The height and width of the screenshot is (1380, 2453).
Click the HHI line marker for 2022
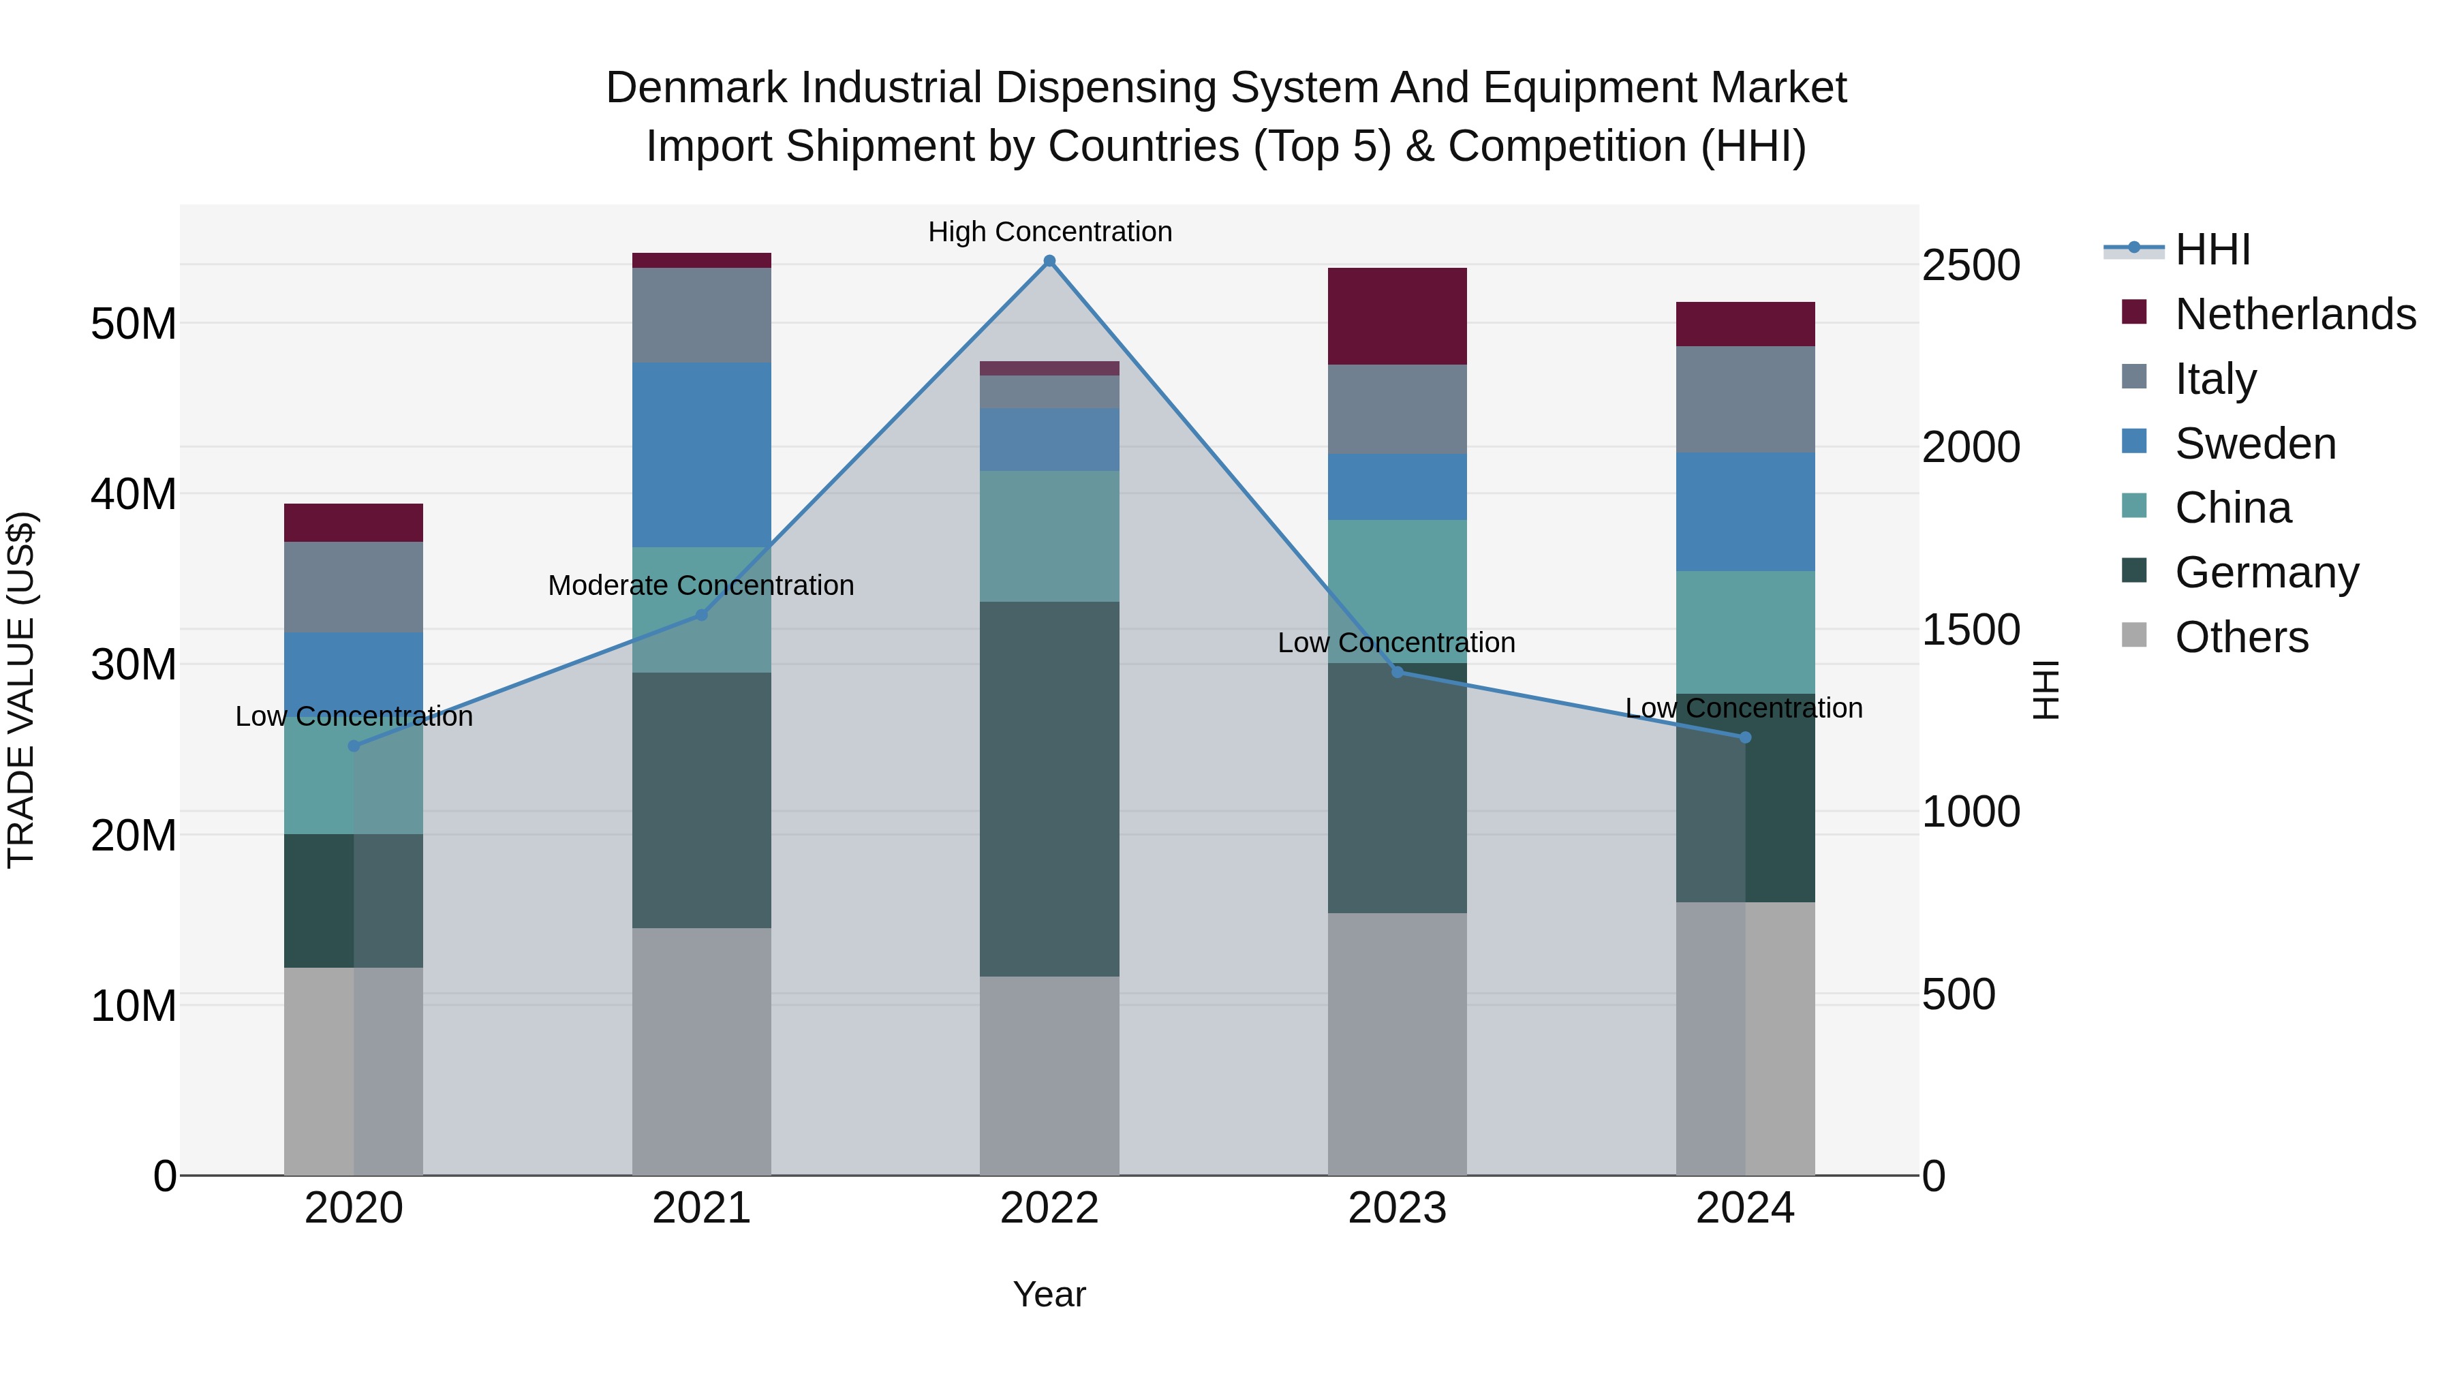click(x=1049, y=261)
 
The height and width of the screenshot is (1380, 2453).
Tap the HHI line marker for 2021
click(x=702, y=615)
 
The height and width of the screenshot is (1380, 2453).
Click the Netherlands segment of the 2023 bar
click(x=1397, y=316)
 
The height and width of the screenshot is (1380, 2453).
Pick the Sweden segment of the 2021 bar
click(x=702, y=455)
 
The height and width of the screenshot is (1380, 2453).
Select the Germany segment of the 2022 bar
click(x=1049, y=788)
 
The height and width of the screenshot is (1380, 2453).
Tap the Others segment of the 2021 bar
click(x=702, y=1052)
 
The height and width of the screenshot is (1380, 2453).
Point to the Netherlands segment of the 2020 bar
click(x=353, y=523)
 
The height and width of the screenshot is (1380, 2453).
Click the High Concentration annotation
click(x=1049, y=232)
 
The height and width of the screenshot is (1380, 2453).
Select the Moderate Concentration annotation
click(x=701, y=585)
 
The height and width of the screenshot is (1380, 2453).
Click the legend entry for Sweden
click(x=2255, y=444)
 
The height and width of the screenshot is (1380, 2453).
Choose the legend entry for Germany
click(x=2266, y=572)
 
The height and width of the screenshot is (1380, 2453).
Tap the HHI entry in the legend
click(x=2212, y=249)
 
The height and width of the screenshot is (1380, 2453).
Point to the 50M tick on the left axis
click(x=134, y=324)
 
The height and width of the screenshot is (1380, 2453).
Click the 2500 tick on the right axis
click(x=1970, y=265)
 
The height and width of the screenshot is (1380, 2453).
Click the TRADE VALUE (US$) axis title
click(x=22, y=690)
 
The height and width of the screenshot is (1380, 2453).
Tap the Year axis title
click(x=1049, y=1294)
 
